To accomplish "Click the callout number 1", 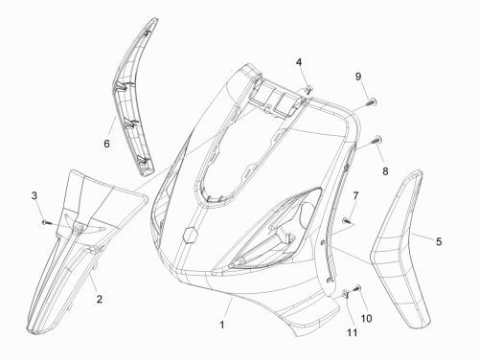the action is point(222,325).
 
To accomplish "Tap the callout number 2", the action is point(100,299).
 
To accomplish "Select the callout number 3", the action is point(34,195).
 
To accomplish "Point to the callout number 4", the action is point(299,62).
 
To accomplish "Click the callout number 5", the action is point(439,241).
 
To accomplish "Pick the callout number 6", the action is point(106,144).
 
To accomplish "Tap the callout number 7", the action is point(355,195).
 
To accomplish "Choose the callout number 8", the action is point(385,171).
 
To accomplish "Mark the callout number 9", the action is point(358,77).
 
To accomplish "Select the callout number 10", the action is point(367,318).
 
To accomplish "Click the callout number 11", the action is point(353,333).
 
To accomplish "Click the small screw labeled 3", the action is point(46,222).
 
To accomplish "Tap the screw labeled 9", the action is point(372,102).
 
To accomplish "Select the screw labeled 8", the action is point(376,140).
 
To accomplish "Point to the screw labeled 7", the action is point(347,220).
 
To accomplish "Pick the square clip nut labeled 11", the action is point(346,294).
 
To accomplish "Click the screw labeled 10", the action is point(356,288).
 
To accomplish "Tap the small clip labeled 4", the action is point(308,90).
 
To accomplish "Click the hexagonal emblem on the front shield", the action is point(191,236).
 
